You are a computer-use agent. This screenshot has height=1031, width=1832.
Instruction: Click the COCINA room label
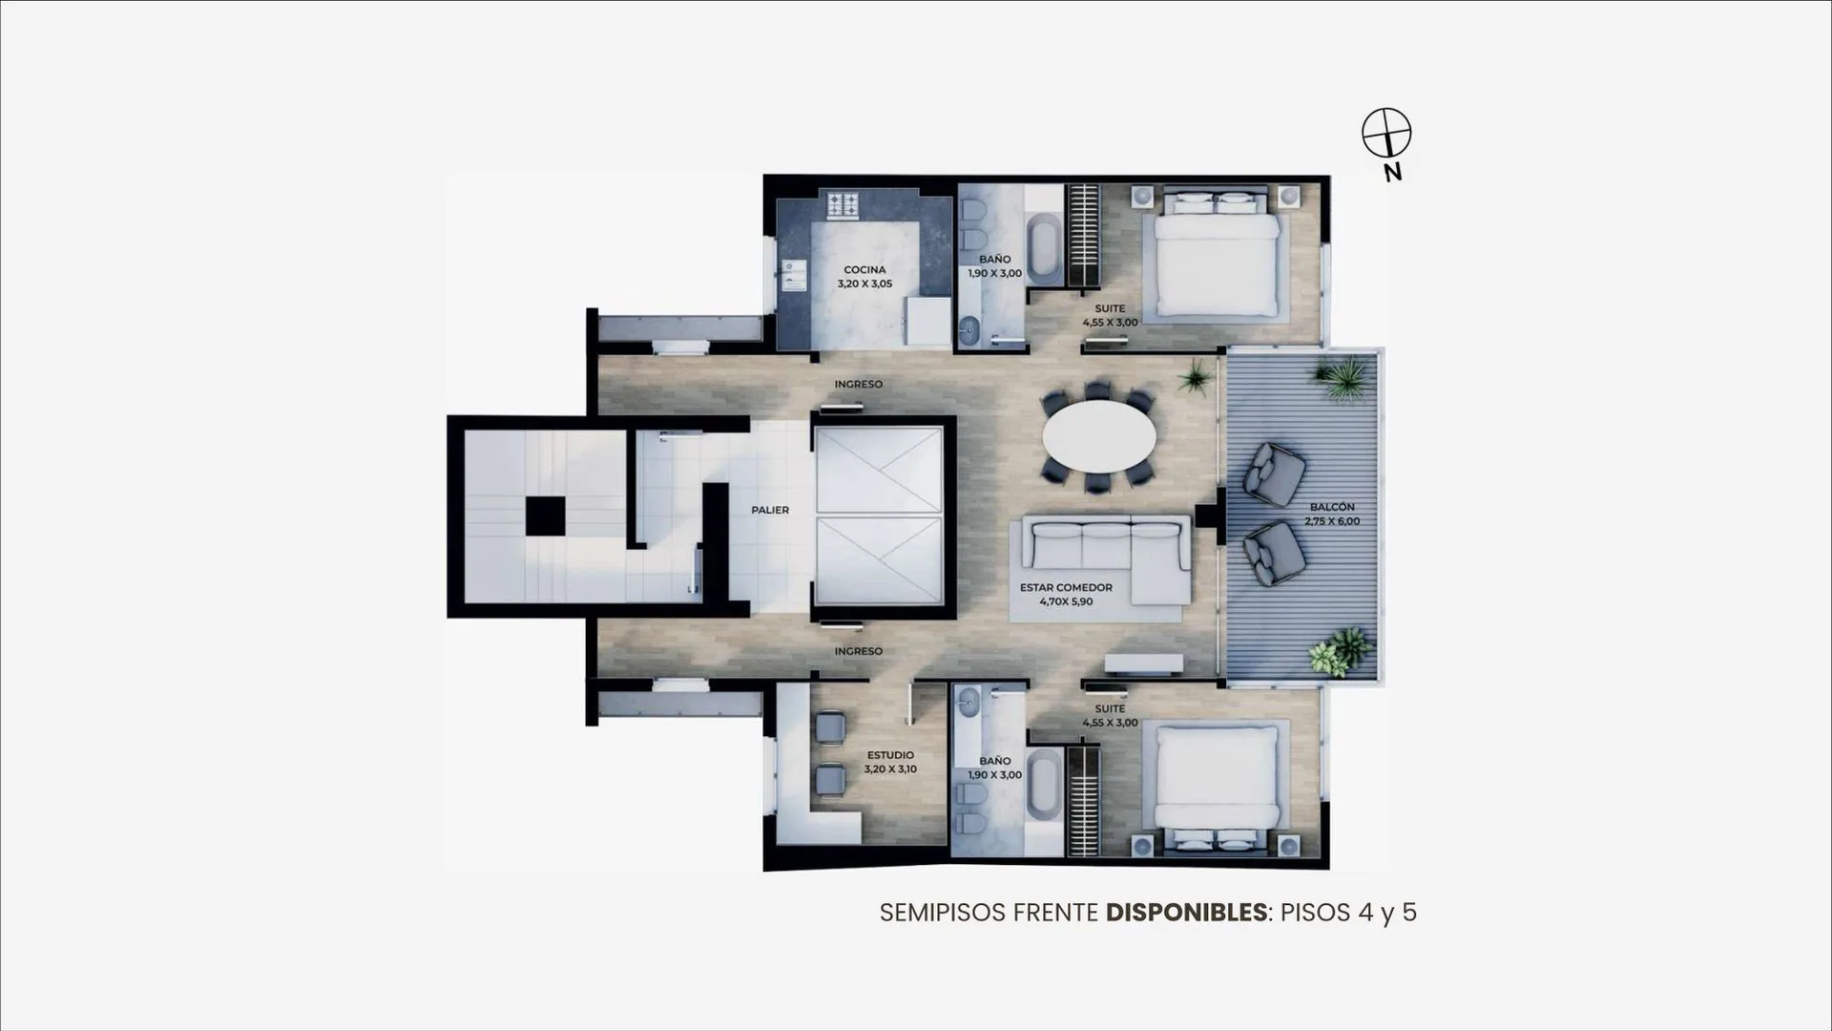pos(864,270)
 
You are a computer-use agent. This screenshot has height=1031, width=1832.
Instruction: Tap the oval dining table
pos(1099,437)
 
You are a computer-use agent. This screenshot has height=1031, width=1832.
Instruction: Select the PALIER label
pos(770,510)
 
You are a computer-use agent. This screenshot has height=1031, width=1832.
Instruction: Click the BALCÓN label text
pos(1332,507)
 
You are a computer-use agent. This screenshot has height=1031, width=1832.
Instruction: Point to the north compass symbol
pos(1386,133)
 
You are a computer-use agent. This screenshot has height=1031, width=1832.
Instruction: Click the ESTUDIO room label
pos(890,755)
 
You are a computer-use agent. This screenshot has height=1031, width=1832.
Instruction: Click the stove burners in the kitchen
pos(843,205)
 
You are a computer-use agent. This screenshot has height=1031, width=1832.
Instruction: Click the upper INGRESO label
pos(859,384)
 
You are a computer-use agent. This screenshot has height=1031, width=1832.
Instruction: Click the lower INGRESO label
pos(859,651)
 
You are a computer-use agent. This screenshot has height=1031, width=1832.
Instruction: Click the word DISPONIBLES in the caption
pos(1186,913)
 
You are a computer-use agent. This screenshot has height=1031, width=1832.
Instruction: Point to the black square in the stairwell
pos(545,516)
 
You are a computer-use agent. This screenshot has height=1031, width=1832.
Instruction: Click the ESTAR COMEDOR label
pos(1066,588)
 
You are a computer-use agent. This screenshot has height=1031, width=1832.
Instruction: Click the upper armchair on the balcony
pos(1274,473)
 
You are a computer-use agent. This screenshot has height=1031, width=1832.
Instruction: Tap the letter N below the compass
pos(1393,173)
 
